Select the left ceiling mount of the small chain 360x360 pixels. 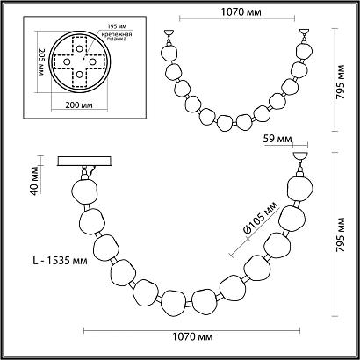click(166, 37)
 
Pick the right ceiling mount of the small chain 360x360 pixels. click(304, 37)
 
